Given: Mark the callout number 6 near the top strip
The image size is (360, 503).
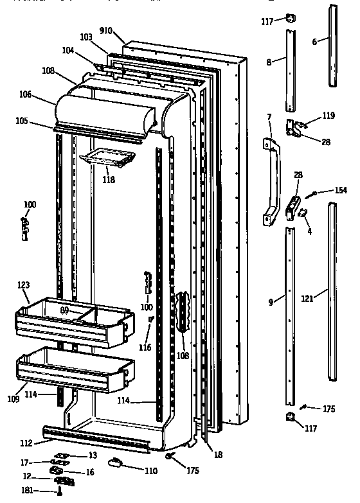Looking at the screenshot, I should click(314, 42).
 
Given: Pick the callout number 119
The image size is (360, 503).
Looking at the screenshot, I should click(328, 116).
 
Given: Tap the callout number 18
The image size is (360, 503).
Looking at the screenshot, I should click(218, 455).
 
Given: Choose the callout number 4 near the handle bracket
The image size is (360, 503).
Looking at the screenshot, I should click(309, 231).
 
